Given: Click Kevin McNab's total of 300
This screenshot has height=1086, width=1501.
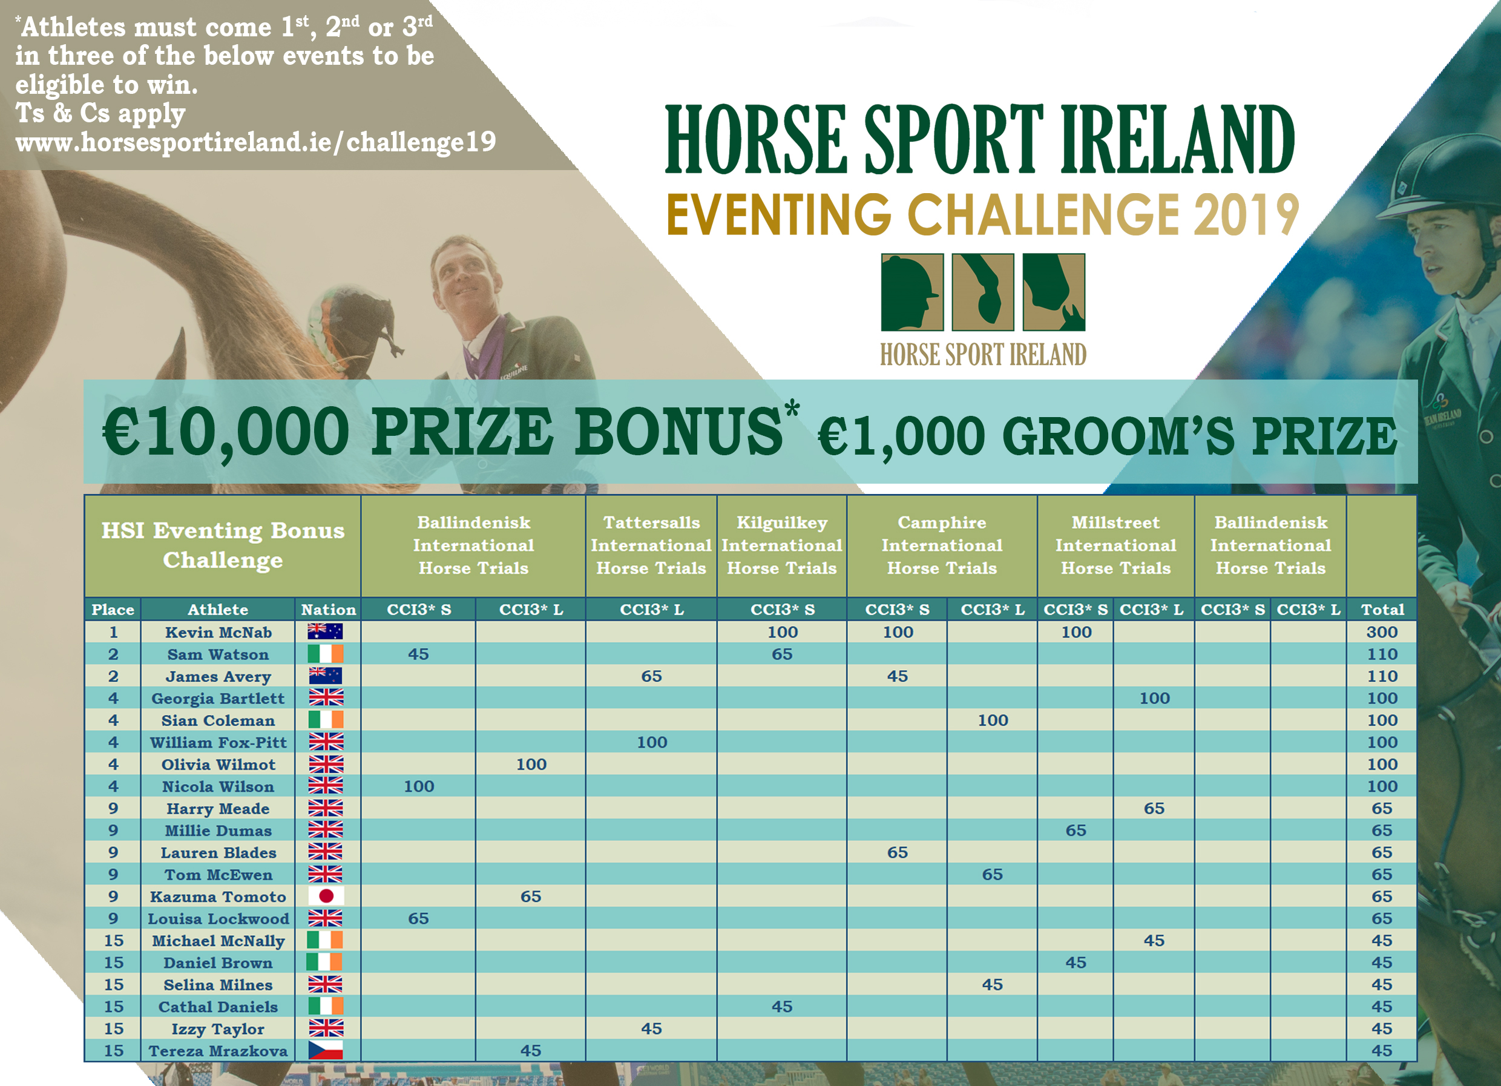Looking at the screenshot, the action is pyautogui.click(x=1382, y=632).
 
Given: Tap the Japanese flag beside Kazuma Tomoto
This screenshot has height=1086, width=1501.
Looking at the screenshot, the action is pyautogui.click(x=326, y=896).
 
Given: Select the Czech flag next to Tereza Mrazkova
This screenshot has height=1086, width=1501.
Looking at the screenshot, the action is pyautogui.click(x=326, y=1050).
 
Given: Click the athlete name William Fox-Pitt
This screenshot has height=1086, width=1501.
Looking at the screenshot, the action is pyautogui.click(x=218, y=743).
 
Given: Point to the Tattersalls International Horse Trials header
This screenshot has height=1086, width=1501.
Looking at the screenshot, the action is pyautogui.click(x=651, y=545).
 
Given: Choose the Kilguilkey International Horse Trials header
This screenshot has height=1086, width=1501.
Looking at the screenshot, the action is pyautogui.click(x=781, y=545).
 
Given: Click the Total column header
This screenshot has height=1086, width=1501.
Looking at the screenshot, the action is pyautogui.click(x=1382, y=610).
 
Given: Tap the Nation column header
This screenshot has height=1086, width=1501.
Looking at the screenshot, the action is pyautogui.click(x=328, y=610).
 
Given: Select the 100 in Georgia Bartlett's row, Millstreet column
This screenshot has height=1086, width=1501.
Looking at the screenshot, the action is pyautogui.click(x=1154, y=698).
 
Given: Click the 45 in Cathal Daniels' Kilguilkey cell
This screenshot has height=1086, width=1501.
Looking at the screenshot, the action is pyautogui.click(x=781, y=1007).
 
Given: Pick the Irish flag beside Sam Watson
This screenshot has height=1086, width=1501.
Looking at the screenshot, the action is pyautogui.click(x=326, y=654).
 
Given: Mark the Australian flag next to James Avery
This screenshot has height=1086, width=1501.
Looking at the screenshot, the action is pyautogui.click(x=326, y=676).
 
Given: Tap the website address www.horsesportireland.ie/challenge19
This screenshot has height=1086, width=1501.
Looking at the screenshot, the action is pyautogui.click(x=255, y=142).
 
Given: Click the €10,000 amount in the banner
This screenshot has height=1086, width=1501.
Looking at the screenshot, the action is pyautogui.click(x=226, y=432).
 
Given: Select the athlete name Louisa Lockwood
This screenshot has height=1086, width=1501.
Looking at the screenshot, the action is pyautogui.click(x=218, y=918).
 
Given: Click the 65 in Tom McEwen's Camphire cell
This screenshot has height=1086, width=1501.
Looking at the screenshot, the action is pyautogui.click(x=992, y=874).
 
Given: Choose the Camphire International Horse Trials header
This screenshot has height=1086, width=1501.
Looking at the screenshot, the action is pyautogui.click(x=942, y=545).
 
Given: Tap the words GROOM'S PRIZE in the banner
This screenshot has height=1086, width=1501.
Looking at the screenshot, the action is pyautogui.click(x=1199, y=437).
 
